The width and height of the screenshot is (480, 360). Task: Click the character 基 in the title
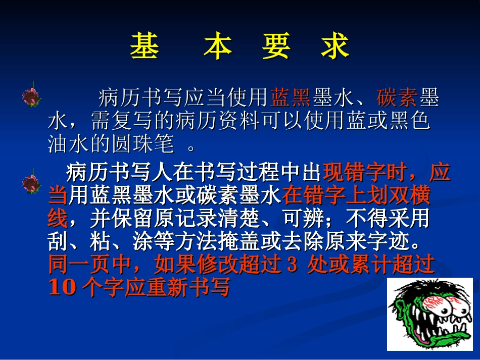coord(145,46)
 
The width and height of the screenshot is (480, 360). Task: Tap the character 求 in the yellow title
coord(335,46)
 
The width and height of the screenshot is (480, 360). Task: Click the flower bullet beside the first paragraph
coord(31,96)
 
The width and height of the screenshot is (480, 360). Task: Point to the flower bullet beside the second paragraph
coord(31,183)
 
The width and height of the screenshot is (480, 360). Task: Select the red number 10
coord(61,288)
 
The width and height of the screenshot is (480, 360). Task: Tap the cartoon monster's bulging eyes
coord(433,305)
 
